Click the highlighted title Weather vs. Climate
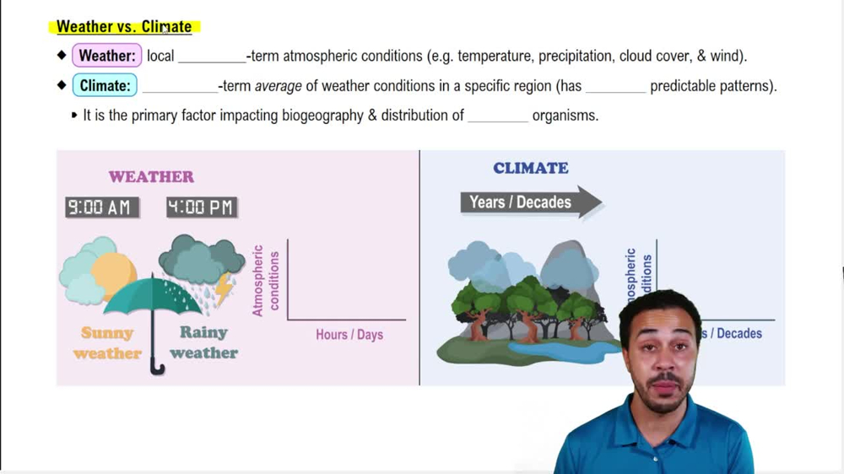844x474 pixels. [124, 27]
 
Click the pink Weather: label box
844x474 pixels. [106, 57]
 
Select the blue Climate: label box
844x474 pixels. [105, 86]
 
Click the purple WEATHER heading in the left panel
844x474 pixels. [151, 177]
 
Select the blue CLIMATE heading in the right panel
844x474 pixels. [530, 168]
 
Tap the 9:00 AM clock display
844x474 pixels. [102, 207]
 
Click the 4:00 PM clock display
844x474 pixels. [202, 207]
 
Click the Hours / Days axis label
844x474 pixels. [349, 335]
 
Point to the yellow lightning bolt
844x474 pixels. [225, 289]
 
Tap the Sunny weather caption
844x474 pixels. [107, 342]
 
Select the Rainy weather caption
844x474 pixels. [203, 342]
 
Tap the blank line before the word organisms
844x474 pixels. [498, 116]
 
